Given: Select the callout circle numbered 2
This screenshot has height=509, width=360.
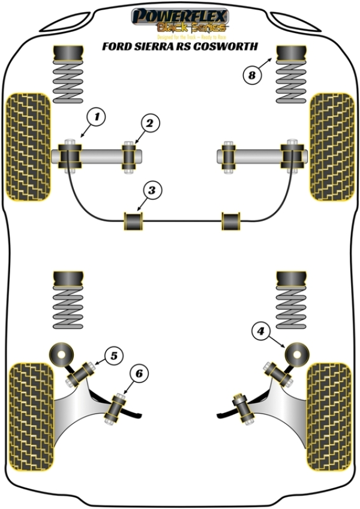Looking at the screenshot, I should pos(149,123).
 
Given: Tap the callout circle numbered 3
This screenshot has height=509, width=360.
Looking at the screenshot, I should pos(152,191).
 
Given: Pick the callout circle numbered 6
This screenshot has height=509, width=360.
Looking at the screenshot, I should pos(139,374).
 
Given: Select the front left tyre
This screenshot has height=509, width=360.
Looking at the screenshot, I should pos(27,146).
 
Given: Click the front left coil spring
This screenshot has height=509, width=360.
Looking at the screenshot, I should pos(68,83).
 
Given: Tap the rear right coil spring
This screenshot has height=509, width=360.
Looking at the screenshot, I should pos(292,312).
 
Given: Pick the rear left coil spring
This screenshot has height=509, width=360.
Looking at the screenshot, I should pos(68,312).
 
